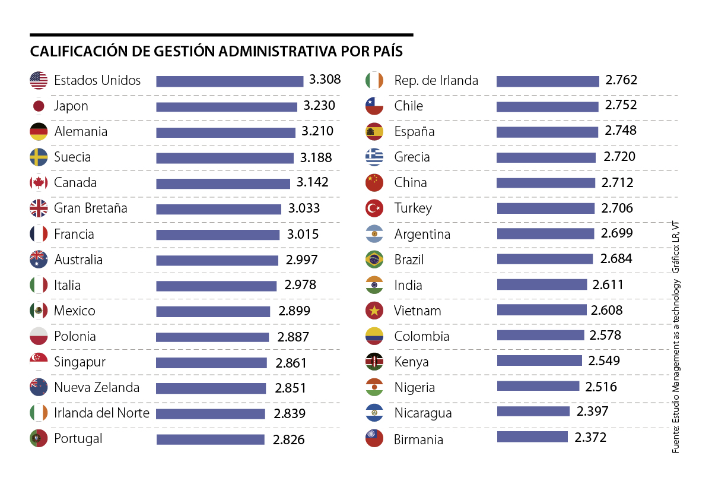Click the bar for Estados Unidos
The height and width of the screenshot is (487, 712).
230,81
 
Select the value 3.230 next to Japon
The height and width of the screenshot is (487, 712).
319,106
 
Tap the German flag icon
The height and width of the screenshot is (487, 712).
39,131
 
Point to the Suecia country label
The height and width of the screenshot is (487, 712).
72,157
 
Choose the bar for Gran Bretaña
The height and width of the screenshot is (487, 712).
218,209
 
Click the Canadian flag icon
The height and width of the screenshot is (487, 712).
39,182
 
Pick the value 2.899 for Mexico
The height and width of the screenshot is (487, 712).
294,311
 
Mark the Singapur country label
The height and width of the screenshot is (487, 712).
80,362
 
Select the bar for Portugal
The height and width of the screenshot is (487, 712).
210,439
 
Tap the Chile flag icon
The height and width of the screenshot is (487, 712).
374,106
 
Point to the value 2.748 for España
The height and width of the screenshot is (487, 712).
621,131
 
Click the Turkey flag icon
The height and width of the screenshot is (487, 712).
374,208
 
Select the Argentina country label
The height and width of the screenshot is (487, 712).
422,234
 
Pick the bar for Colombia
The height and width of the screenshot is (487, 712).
541,336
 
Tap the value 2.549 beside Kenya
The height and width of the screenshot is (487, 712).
604,361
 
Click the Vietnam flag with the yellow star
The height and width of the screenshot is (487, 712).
374,310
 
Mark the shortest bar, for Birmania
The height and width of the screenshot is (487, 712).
532,437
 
